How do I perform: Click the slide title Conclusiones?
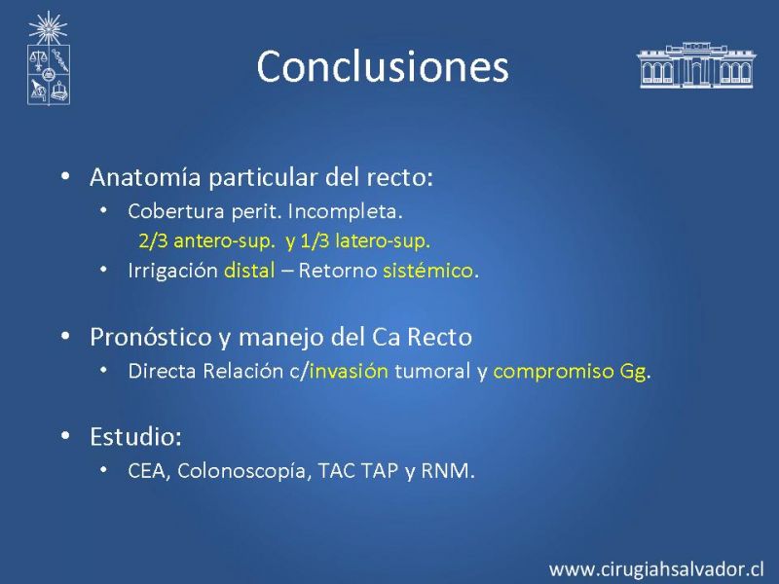click(383, 66)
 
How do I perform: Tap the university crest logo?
click(48, 57)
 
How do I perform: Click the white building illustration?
click(696, 64)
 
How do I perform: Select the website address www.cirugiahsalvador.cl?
click(655, 569)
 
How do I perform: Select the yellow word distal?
click(249, 271)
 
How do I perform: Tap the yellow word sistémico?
click(427, 271)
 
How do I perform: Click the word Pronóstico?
click(151, 337)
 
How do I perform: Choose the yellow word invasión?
click(349, 371)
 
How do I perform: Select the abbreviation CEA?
click(147, 471)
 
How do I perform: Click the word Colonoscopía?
click(242, 472)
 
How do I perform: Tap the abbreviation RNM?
click(445, 471)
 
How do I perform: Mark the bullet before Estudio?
click(65, 435)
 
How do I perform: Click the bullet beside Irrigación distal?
click(103, 270)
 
